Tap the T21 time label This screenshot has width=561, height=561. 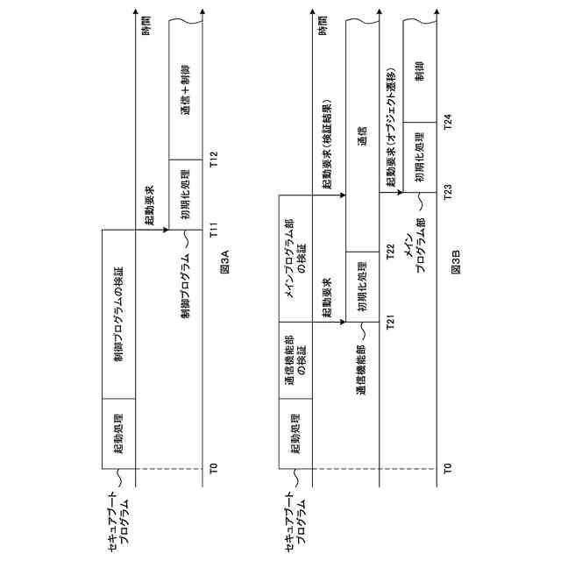click(391, 322)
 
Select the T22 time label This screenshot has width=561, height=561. click(391, 252)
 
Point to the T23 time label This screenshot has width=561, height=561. click(448, 193)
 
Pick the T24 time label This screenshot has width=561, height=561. click(448, 122)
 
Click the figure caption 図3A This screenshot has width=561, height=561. click(224, 264)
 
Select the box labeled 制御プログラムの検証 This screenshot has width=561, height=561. click(118, 313)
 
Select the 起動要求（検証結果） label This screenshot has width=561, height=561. click(325, 151)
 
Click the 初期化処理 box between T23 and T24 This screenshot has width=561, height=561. click(420, 157)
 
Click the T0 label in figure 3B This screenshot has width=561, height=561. click(448, 467)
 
